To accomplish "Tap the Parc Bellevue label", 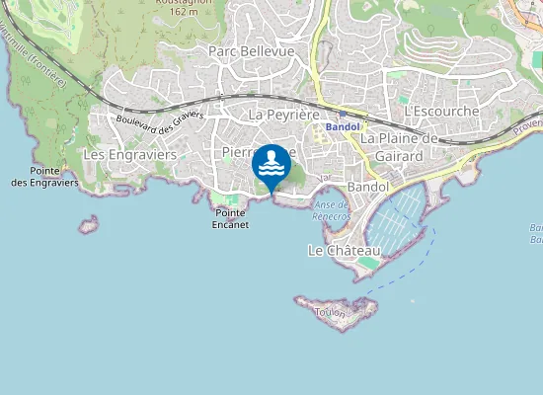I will click(251, 50).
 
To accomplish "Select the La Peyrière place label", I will click(280, 115).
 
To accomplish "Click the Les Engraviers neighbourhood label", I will click(129, 155).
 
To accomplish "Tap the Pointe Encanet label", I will click(230, 218).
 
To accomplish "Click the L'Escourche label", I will click(441, 112).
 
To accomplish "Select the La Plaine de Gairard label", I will click(399, 146).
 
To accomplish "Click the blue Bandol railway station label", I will click(344, 127).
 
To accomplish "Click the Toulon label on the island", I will click(330, 312).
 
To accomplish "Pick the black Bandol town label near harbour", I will click(369, 186).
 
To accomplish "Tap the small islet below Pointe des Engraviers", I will click(90, 225).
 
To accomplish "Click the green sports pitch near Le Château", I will click(367, 263).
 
